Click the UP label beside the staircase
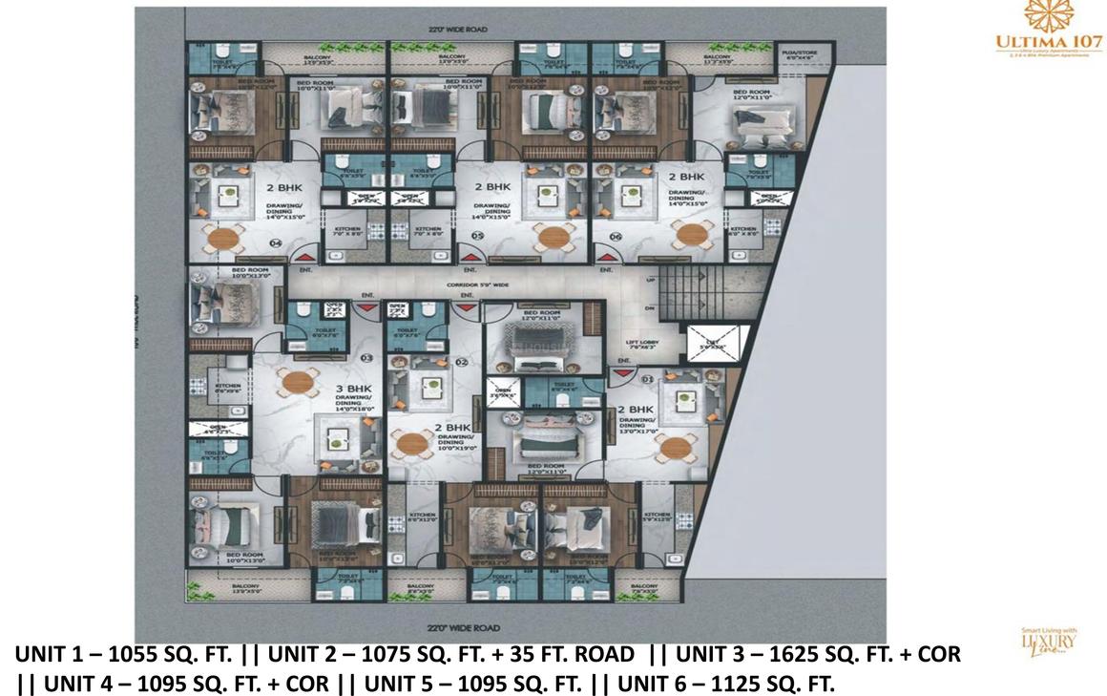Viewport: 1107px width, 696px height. (651, 281)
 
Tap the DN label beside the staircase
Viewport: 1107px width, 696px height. (651, 308)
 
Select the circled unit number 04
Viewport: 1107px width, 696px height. (277, 244)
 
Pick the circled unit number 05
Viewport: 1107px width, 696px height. (476, 236)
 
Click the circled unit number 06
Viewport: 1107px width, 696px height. (616, 236)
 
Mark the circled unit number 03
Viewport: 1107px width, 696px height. (366, 358)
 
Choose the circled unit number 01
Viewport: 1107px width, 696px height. (645, 380)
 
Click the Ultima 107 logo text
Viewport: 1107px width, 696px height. (1048, 43)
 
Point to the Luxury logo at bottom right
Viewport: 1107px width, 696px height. (1048, 641)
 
